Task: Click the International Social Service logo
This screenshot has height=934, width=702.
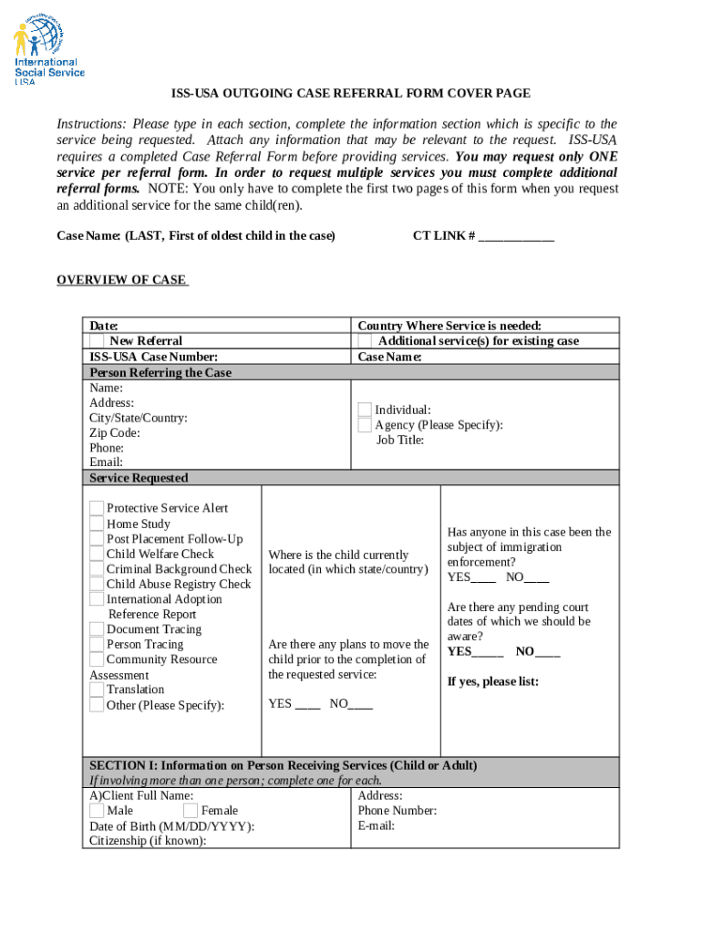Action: coord(49,52)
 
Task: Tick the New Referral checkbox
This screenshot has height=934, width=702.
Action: coord(97,341)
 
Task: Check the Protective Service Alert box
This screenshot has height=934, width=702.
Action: coord(97,508)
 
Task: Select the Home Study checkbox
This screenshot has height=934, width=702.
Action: coord(97,524)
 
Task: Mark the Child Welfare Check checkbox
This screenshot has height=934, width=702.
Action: coord(97,554)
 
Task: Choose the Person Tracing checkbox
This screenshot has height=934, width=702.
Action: coord(97,644)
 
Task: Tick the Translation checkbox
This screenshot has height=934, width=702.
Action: coord(97,690)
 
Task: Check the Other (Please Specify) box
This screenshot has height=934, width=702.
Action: coord(97,704)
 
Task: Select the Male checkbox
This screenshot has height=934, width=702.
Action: coord(97,811)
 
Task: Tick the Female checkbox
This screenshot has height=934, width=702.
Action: coord(191,811)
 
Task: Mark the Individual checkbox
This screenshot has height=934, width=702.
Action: coord(365,410)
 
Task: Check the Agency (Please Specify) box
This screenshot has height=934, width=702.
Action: coord(365,425)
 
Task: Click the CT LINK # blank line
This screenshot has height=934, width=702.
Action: coord(516,236)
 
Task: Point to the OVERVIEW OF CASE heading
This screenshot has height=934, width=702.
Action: coord(121,280)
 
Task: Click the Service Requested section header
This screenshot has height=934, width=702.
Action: coord(139,478)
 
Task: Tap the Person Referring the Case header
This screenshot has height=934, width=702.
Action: coord(160,372)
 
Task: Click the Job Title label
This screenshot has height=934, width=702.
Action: coord(400,440)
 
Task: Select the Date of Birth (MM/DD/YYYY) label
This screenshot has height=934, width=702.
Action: coord(171,826)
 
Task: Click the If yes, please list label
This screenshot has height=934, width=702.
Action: coord(492,681)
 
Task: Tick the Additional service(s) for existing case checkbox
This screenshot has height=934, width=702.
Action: coord(365,341)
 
